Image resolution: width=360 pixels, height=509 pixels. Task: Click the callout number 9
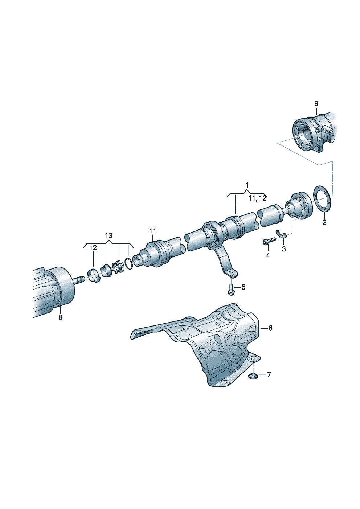[x=316, y=104]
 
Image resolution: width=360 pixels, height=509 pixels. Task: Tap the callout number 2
[x=324, y=222]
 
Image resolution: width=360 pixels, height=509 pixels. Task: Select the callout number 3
[x=284, y=249]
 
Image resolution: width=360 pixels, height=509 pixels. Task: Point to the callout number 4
[x=268, y=255]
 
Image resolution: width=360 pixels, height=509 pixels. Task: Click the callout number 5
[x=244, y=287]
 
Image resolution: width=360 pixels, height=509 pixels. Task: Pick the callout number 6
[x=270, y=328]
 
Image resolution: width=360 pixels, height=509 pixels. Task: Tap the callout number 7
[x=269, y=375]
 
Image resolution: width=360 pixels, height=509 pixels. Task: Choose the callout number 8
[x=60, y=317]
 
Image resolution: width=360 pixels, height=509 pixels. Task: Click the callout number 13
[x=109, y=236]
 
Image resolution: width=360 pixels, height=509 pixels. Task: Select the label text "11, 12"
[x=257, y=198]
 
